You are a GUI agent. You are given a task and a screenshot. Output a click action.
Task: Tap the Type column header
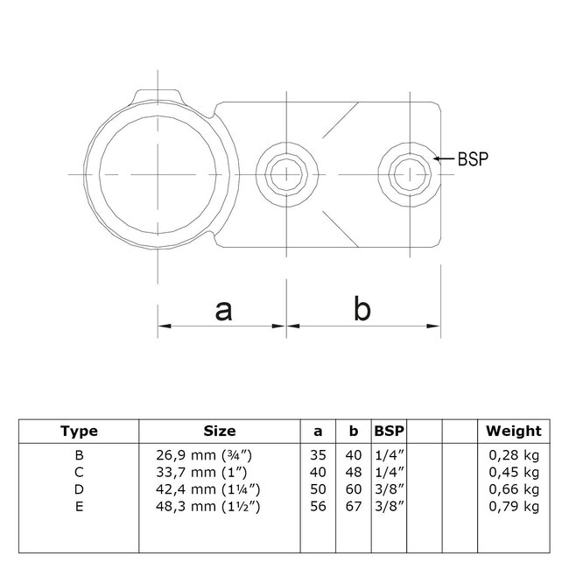tap(79, 431)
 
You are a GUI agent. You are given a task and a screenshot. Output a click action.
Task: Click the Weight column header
tap(515, 431)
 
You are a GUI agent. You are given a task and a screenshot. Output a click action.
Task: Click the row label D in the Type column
tap(79, 488)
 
